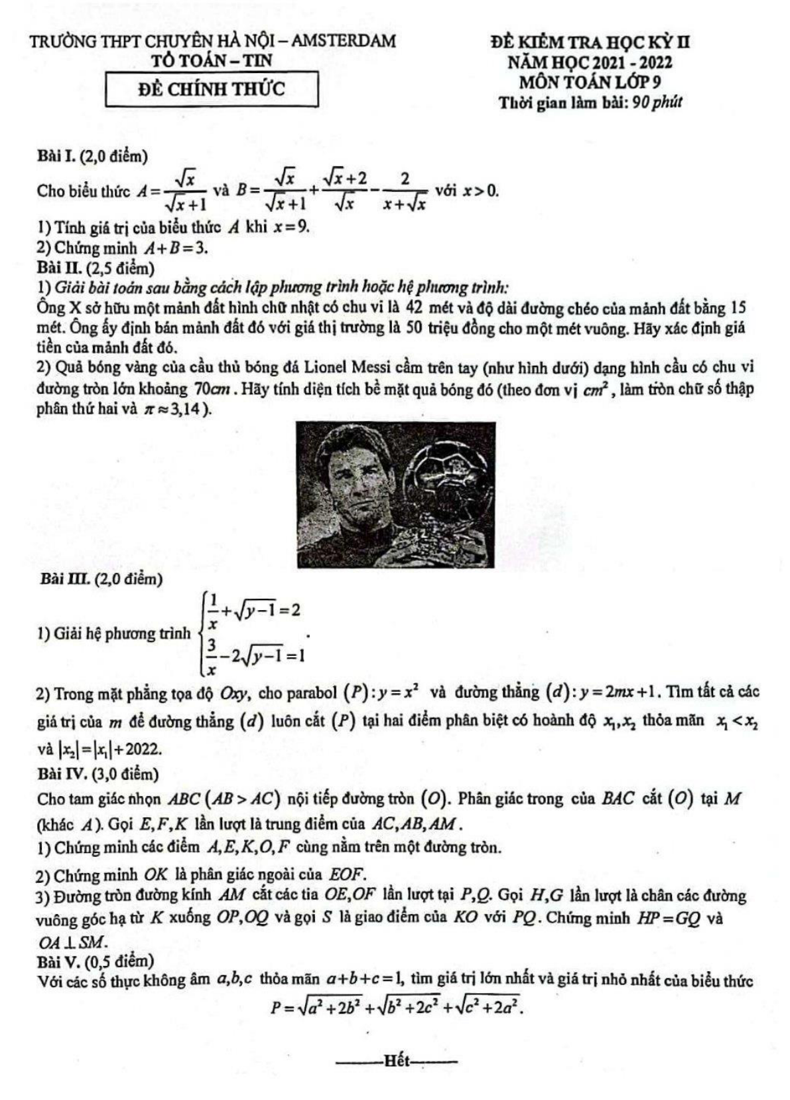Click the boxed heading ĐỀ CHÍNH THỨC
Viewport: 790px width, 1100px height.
212,89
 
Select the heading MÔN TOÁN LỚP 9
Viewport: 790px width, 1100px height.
590,82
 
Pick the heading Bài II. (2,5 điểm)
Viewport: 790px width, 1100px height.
96,268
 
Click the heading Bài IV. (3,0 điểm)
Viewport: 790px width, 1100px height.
98,774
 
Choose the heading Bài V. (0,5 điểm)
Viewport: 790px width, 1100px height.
96,961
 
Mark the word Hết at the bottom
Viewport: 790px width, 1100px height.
397,1060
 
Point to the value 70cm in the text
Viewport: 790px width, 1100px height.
212,389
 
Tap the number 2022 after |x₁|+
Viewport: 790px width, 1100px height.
142,749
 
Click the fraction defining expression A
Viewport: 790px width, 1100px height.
187,191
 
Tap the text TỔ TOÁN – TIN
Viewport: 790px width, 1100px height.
212,61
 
